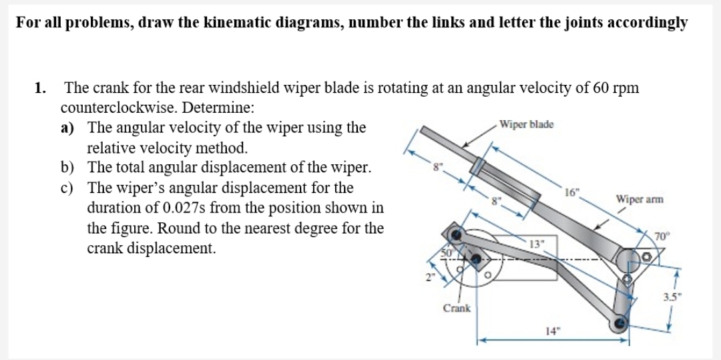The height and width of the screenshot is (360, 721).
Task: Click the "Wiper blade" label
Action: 526,125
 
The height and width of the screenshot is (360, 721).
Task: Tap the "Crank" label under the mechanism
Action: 456,308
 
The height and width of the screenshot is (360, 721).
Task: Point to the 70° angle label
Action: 662,235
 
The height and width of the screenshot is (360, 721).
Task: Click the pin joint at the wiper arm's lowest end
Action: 620,324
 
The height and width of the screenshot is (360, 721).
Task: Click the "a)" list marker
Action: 68,128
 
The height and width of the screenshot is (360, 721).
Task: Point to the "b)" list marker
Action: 68,168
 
